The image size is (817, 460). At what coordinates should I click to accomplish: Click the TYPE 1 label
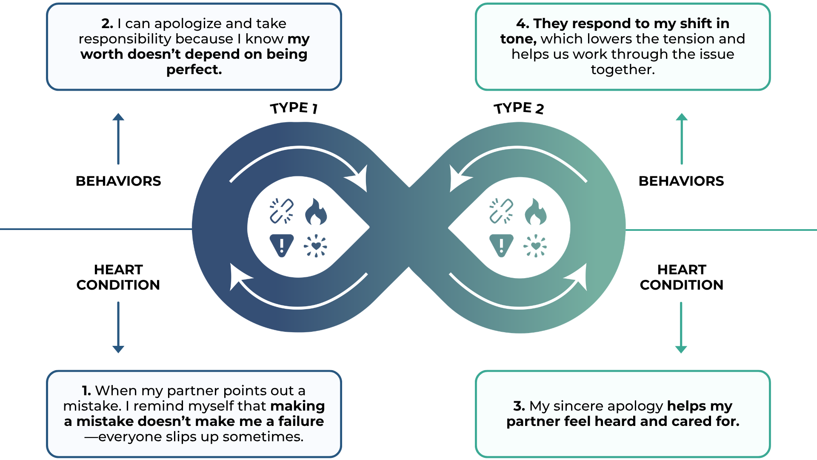(x=294, y=108)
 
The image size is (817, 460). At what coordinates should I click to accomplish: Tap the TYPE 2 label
(x=519, y=108)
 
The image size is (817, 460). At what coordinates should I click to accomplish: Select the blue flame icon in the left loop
(x=316, y=212)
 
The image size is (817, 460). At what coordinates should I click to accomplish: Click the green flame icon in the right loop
(x=535, y=212)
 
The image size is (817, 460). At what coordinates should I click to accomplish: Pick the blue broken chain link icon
(x=281, y=211)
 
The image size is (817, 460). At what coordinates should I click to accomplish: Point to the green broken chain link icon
(x=501, y=211)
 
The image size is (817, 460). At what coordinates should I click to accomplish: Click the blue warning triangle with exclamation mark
(x=282, y=245)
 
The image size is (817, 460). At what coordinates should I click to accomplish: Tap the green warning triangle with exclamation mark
(x=501, y=245)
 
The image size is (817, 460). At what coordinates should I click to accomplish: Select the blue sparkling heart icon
(x=316, y=246)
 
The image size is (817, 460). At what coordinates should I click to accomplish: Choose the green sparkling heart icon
(x=535, y=246)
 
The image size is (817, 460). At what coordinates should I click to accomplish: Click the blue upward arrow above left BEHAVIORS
(x=118, y=138)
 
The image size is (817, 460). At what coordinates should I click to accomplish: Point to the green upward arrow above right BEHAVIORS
(x=682, y=138)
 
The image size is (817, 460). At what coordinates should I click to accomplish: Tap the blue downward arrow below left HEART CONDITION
(x=118, y=327)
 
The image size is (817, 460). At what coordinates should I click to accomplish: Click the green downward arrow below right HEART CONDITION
(x=681, y=327)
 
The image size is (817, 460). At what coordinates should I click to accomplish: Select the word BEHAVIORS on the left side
(x=118, y=181)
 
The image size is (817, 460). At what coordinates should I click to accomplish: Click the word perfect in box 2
(x=194, y=69)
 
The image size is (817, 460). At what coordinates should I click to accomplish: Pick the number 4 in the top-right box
(x=522, y=23)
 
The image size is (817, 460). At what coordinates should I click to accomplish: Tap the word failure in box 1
(x=301, y=421)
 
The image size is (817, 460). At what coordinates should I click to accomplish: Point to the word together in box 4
(x=623, y=69)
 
